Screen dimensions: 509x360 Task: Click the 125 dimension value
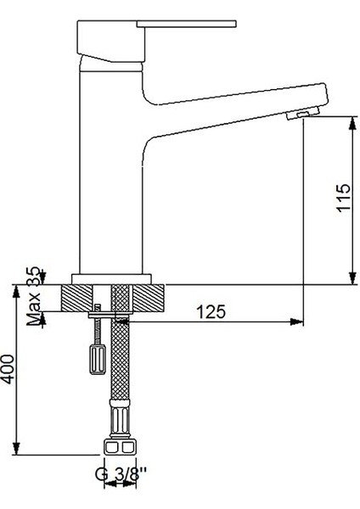click(x=211, y=311)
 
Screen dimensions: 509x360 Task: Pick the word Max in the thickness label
click(x=35, y=312)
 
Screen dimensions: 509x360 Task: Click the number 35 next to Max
click(x=35, y=277)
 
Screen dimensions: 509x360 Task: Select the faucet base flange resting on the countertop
click(x=112, y=278)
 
